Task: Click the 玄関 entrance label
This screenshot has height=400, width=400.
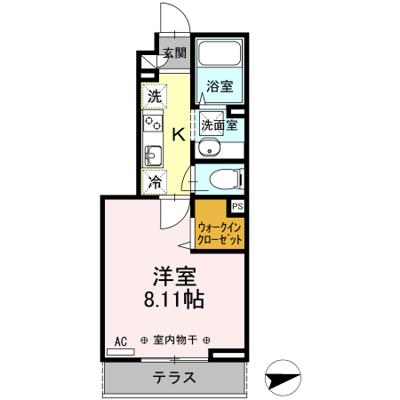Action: point(174,52)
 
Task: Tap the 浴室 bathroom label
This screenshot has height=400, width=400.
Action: point(220,85)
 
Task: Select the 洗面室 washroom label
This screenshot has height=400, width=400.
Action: point(219,125)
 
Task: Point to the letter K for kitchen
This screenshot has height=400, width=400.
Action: point(177,135)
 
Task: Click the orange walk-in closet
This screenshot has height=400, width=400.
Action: point(219,234)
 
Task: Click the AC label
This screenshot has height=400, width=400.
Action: point(121,340)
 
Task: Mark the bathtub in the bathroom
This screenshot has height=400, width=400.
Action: point(219,55)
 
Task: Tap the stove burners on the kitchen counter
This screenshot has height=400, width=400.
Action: point(151,123)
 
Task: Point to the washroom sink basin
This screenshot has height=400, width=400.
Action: point(210,148)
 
